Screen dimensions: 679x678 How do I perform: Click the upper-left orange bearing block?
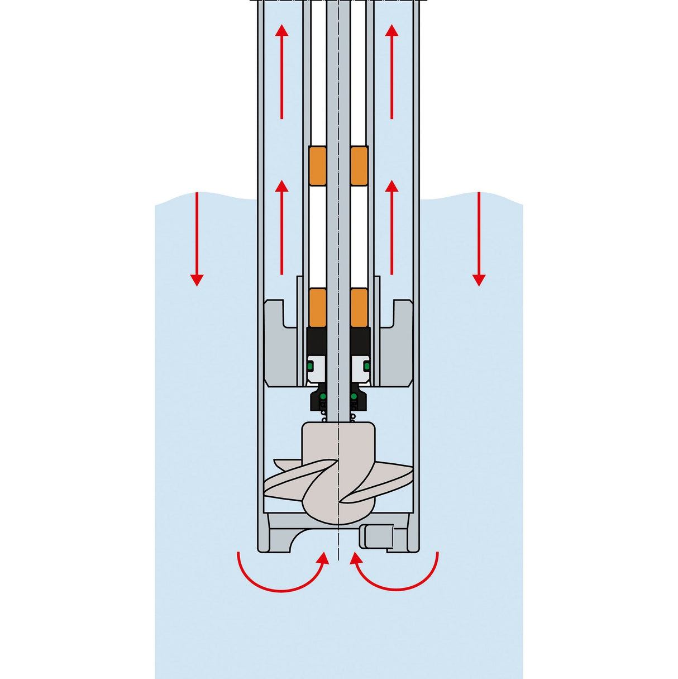[318, 166]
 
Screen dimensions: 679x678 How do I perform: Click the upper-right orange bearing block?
[359, 166]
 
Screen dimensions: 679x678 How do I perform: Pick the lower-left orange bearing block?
[318, 308]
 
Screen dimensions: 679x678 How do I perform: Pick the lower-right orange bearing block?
[359, 308]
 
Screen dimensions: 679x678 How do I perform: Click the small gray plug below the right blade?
[376, 536]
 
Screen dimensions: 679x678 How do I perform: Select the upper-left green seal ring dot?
[311, 366]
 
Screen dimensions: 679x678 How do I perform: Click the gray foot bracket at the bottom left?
[282, 534]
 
